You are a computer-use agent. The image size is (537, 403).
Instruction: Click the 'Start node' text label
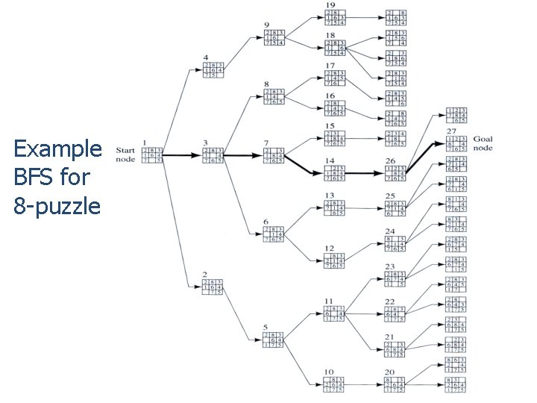(x=125, y=154)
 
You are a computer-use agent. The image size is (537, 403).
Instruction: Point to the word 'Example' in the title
(x=57, y=149)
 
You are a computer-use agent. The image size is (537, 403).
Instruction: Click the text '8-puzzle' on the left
(x=57, y=205)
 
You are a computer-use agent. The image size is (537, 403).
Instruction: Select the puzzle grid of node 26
(x=395, y=174)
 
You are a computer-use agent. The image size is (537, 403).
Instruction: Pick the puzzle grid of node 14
(x=333, y=174)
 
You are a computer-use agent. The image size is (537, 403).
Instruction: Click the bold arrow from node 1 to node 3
(x=183, y=155)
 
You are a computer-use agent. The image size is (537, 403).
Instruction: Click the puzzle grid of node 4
(x=214, y=68)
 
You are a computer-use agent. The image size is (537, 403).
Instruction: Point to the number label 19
(x=331, y=5)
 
